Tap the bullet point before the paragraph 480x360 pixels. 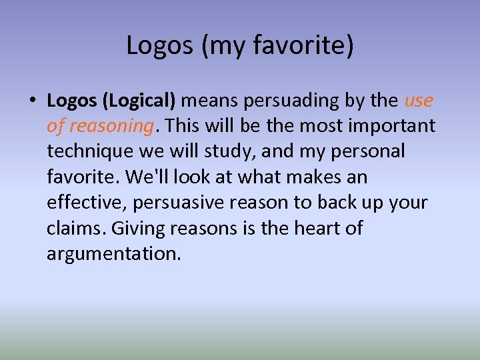pos(31,101)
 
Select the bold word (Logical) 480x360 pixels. pos(140,101)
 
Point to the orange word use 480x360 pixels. pos(419,101)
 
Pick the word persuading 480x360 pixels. pos(290,101)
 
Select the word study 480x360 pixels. pos(233,151)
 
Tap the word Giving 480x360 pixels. pos(138,228)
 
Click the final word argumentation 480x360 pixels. pos(113,253)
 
